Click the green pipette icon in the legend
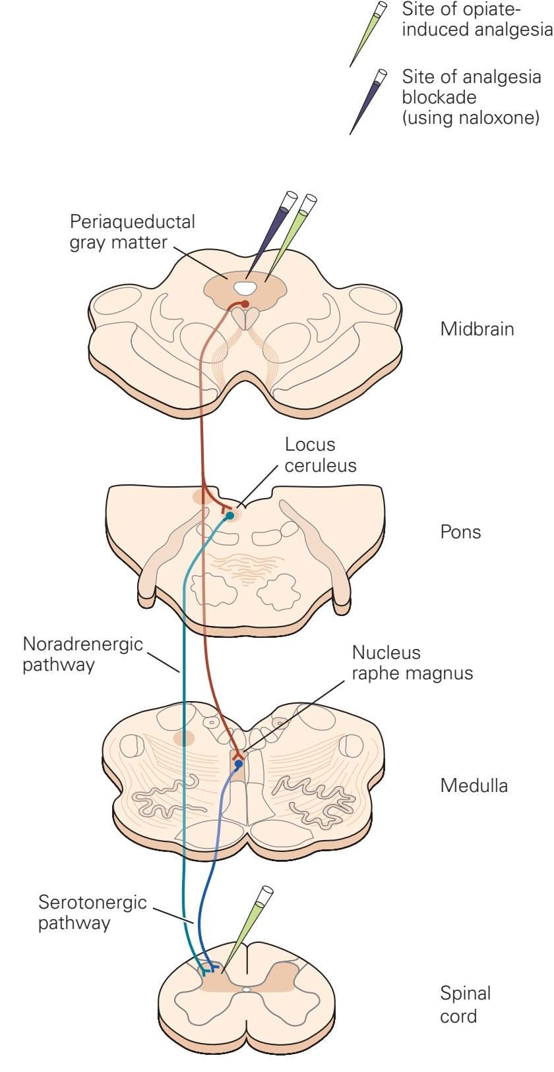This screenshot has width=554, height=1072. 368,33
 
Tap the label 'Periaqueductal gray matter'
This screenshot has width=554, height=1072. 133,231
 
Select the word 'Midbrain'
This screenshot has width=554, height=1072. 477,329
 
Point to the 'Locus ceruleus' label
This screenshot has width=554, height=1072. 321,455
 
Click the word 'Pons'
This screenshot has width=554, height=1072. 460,532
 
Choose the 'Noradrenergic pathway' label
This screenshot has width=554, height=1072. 82,653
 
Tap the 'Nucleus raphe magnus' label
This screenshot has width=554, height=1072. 412,663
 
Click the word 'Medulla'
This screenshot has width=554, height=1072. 474,785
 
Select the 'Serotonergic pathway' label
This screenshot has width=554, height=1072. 92,912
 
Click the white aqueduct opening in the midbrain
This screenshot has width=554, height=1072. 245,288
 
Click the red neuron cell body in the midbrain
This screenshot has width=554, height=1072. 245,304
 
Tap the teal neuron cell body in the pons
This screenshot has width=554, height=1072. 230,516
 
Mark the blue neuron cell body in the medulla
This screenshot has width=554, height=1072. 238,764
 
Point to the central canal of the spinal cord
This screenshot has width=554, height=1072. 246,989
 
